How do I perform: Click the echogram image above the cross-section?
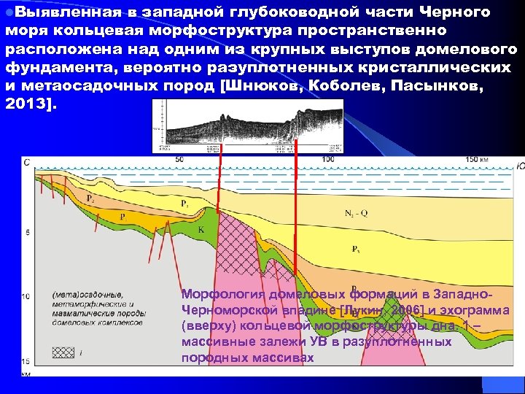[x=248, y=125]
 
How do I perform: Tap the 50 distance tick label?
[x=180, y=158]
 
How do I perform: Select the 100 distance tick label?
[x=328, y=158]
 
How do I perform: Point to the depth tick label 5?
[x=27, y=233]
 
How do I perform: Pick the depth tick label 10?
[x=26, y=296]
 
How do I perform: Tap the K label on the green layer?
[x=201, y=229]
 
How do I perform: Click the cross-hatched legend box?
[x=63, y=352]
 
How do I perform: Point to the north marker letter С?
[x=27, y=162]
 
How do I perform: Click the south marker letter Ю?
[x=519, y=166]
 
